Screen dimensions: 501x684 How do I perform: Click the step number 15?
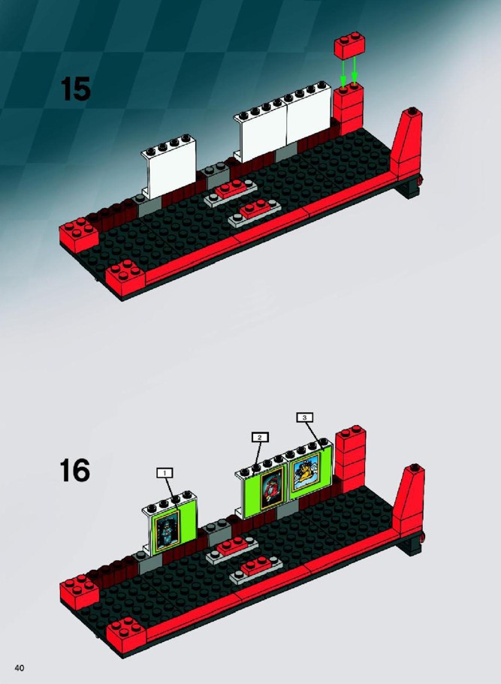76,89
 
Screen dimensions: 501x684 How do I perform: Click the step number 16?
74,470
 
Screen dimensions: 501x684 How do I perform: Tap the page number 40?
20,668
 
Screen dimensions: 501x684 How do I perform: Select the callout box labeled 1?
164,473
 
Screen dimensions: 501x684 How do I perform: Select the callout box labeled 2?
260,437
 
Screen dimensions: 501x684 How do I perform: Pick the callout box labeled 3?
305,417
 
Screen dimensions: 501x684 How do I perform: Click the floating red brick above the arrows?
349,45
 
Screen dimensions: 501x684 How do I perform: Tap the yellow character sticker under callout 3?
306,472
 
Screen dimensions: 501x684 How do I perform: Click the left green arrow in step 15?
343,73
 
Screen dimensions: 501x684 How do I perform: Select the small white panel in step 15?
168,167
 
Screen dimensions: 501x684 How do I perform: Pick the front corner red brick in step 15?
125,278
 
